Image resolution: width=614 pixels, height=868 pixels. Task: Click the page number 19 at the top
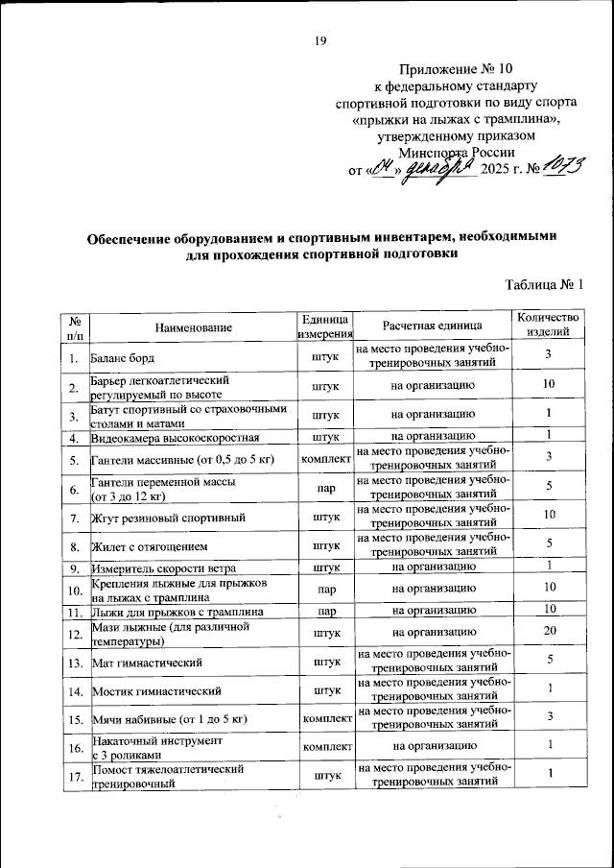tap(321, 40)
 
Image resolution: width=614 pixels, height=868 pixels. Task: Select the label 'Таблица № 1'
tap(544, 283)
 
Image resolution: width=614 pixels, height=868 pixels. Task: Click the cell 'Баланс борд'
tap(126, 358)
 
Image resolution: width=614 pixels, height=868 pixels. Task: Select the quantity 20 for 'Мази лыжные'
tap(548, 631)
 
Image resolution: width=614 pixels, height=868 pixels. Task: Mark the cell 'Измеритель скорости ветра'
tap(163, 568)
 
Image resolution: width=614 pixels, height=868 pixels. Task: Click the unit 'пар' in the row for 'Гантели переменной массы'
tap(325, 488)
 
